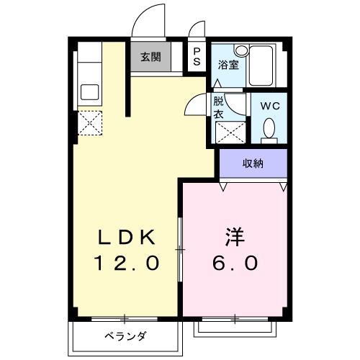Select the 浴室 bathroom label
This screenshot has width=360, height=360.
click(x=228, y=63)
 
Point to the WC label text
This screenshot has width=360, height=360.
click(x=270, y=105)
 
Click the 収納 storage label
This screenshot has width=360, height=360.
click(x=252, y=163)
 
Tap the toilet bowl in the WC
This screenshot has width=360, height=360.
click(x=270, y=130)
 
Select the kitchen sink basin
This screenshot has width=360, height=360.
click(x=91, y=93)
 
